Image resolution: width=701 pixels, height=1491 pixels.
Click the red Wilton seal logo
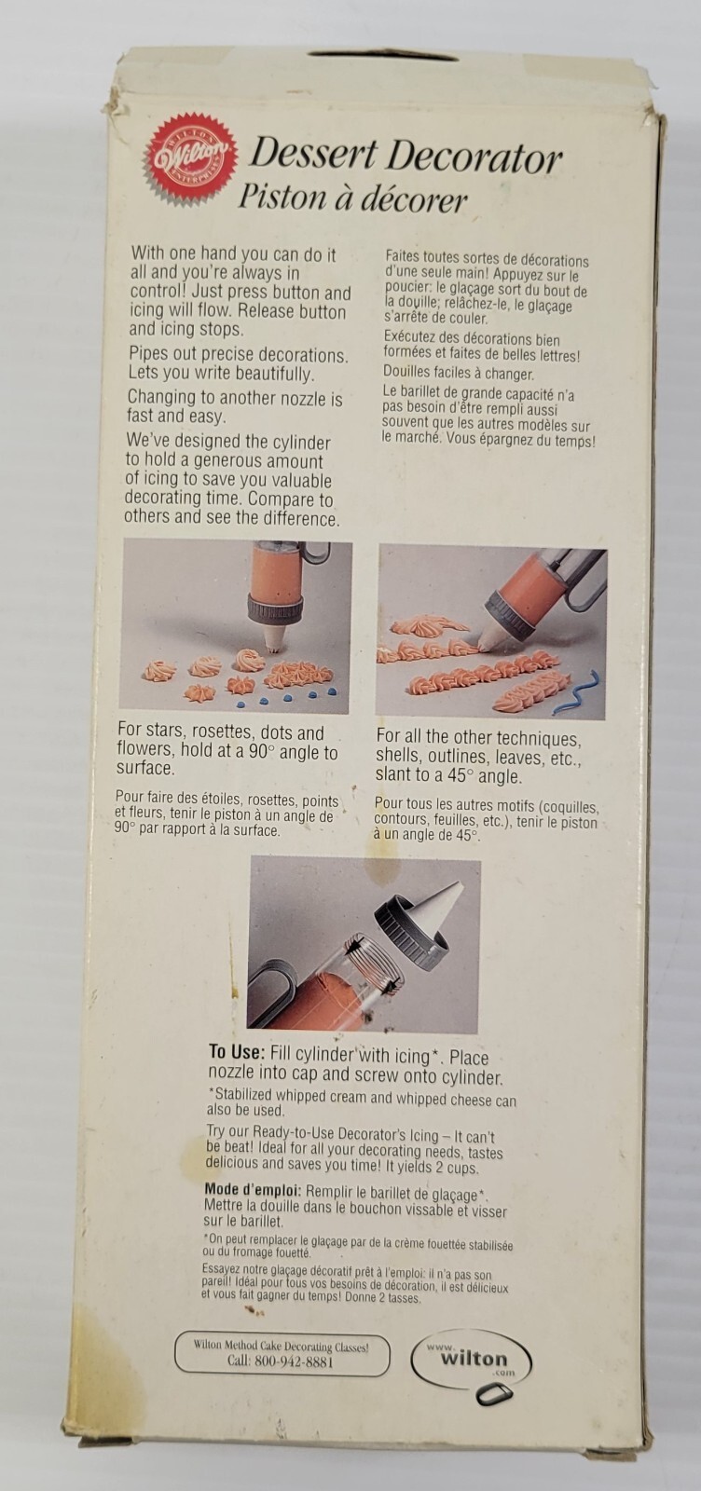192,158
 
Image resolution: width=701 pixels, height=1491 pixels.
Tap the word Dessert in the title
313,155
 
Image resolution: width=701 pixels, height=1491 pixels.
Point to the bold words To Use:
237,1052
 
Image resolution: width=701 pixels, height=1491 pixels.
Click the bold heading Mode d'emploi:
253,1190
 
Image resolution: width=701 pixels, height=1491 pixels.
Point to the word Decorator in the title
474,158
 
